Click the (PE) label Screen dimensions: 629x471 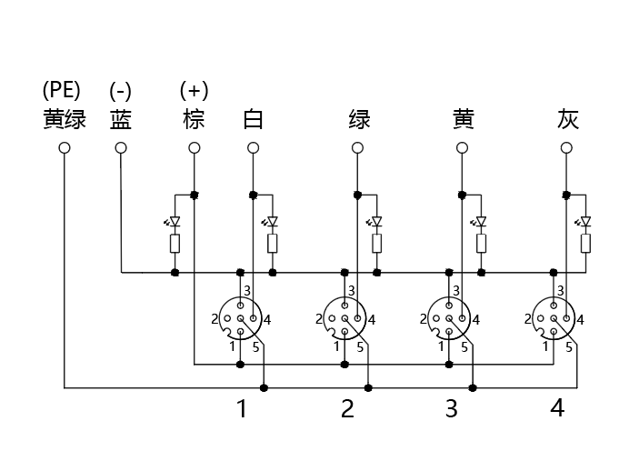[62, 90]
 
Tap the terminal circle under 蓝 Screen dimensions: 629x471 [121, 148]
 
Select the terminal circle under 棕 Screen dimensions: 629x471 [195, 148]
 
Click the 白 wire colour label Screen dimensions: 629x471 [253, 119]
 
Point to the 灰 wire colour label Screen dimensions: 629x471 [567, 119]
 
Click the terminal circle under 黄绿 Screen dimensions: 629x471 [65, 148]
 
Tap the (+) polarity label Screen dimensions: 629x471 [195, 90]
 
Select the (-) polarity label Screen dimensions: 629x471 [120, 91]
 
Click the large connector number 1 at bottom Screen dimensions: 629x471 [242, 408]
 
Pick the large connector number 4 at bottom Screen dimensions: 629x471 [557, 407]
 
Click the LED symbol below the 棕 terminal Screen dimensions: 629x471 [174, 222]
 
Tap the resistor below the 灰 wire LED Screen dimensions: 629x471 [585, 244]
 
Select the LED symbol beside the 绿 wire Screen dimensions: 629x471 [375, 222]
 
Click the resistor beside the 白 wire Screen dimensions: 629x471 [273, 244]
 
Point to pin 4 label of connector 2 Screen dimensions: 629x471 [372, 320]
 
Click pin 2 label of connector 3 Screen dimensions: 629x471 [424, 319]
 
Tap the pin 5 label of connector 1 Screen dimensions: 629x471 [256, 347]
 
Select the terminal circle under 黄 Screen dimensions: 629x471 [462, 148]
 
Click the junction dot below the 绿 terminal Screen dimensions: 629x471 [358, 195]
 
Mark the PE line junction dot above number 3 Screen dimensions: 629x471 [473, 388]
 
